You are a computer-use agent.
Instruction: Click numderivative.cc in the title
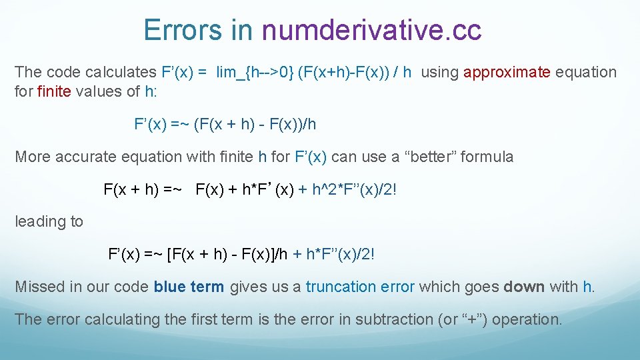(x=372, y=31)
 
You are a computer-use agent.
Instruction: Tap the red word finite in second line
(x=54, y=91)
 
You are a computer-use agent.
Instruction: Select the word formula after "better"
(x=487, y=157)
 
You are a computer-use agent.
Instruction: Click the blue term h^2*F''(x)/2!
(x=354, y=189)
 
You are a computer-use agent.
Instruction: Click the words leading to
(x=49, y=221)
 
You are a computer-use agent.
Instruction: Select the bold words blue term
(x=189, y=287)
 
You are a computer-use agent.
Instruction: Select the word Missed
(x=39, y=287)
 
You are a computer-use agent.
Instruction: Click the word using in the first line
(x=439, y=72)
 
